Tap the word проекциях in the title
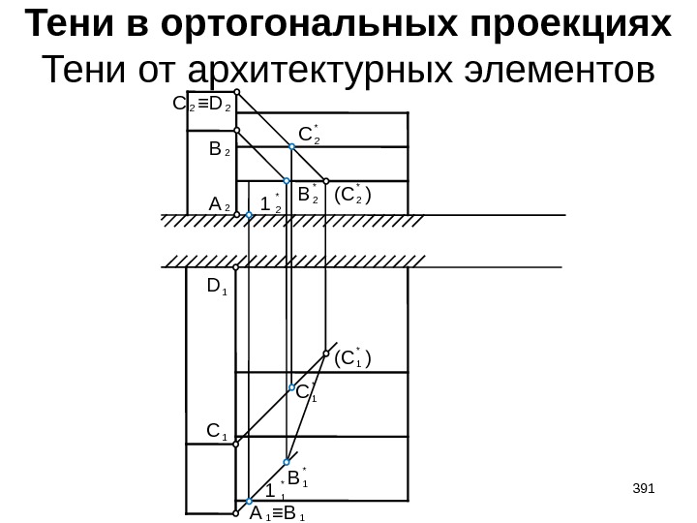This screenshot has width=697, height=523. click(564, 25)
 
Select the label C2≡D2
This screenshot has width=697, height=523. click(200, 101)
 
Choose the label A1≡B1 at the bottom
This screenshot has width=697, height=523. click(278, 514)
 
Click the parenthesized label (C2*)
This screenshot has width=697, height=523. click(353, 195)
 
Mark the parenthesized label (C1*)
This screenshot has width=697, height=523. click(352, 361)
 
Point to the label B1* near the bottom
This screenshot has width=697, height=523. click(297, 477)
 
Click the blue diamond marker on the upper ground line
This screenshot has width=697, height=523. click(249, 219)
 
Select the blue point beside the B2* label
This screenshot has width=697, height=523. click(288, 181)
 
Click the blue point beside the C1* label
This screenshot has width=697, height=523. click(289, 387)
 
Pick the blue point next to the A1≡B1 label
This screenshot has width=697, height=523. click(248, 502)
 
